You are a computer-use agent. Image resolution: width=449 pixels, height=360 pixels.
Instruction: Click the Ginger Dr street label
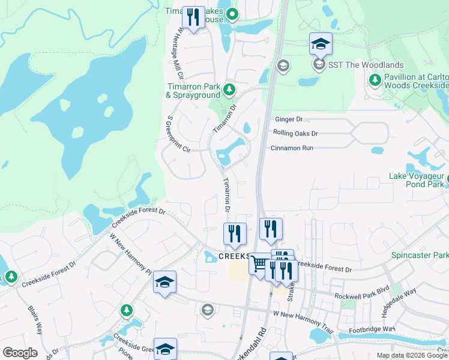(287, 119)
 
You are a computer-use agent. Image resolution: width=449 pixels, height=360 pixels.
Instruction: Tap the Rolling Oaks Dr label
(295, 133)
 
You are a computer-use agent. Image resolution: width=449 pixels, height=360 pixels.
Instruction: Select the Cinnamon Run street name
(292, 148)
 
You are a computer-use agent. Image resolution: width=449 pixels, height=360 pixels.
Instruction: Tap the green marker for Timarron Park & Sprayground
(229, 90)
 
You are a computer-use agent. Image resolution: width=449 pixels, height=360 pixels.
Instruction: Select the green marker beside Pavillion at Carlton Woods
(375, 80)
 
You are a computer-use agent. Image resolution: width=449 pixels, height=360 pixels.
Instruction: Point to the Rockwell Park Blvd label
(362, 289)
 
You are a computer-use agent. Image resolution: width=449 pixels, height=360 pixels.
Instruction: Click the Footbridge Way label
(372, 329)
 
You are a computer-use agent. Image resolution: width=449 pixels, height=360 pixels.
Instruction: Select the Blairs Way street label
(35, 319)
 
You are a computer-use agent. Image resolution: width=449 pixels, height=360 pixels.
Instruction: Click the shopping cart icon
(259, 264)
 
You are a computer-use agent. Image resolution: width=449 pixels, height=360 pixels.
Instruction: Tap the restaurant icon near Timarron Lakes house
(193, 17)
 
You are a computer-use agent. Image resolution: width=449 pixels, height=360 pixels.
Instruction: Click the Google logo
(20, 353)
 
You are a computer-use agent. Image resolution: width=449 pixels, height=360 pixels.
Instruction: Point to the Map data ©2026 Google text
(412, 355)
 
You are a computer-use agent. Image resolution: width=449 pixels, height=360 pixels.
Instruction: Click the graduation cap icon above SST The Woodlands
(321, 44)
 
